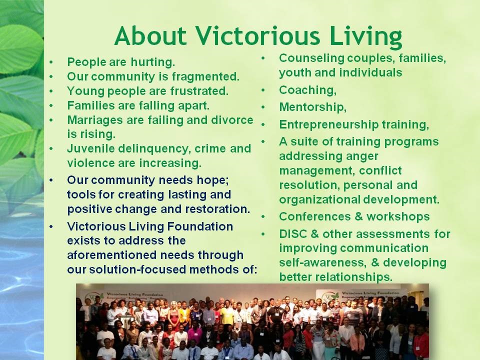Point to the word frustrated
pos(200,91)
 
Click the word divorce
pos(234,120)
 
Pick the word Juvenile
pos(89,148)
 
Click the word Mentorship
pos(312,107)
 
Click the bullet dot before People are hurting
pos(52,63)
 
